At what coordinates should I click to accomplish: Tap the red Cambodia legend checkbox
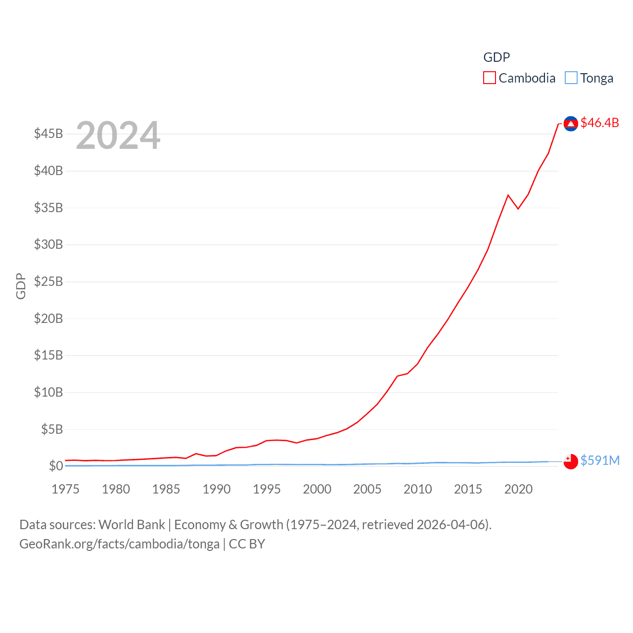[490, 78]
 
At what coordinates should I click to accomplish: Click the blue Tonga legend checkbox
[571, 78]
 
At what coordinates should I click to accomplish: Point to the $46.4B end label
[599, 123]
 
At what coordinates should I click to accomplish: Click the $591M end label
[600, 460]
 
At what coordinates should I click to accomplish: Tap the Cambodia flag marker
[571, 124]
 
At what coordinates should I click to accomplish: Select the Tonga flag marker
[571, 461]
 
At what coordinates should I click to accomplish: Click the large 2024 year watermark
[118, 136]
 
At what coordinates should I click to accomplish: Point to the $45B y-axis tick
[48, 134]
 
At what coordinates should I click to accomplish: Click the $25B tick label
[48, 281]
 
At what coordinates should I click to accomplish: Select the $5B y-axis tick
[52, 429]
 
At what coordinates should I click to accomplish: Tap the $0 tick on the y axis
[56, 466]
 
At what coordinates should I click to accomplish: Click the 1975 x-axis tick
[65, 489]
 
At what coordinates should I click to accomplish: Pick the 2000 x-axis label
[317, 489]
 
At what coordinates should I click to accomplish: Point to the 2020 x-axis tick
[518, 489]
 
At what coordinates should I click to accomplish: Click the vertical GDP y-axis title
[21, 286]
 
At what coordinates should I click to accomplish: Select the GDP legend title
[497, 57]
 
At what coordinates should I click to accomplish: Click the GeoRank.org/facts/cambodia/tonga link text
[119, 544]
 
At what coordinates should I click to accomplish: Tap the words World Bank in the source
[132, 525]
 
